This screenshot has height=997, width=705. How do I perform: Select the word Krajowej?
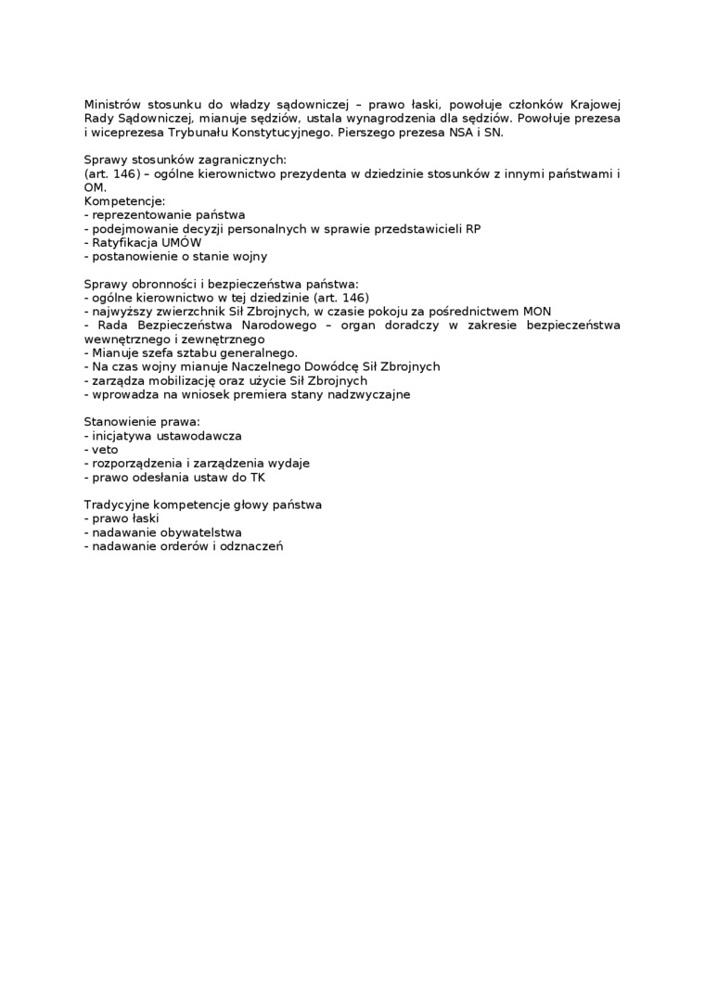coord(594,105)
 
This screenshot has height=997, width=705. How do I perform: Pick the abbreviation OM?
coord(94,187)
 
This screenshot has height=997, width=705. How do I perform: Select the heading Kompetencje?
coord(124,200)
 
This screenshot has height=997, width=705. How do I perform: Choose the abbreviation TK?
coord(257,477)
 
